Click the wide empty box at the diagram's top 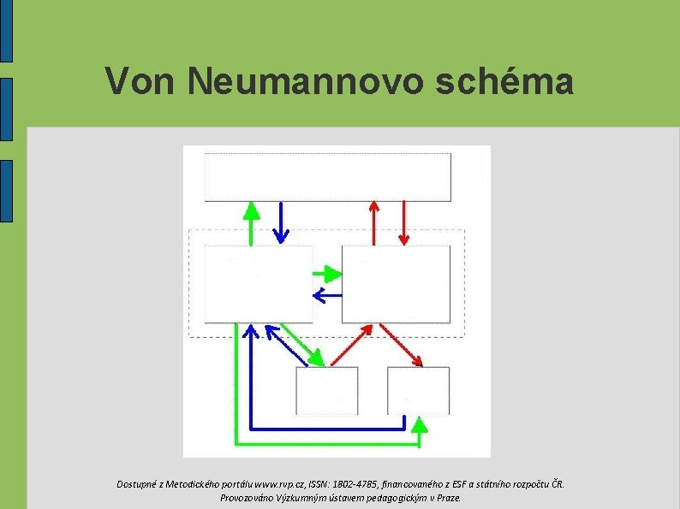tap(328, 177)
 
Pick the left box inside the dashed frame tap(259, 283)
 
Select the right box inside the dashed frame tap(396, 283)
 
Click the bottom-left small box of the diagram tap(326, 390)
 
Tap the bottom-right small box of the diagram tap(418, 390)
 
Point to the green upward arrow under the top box tap(251, 222)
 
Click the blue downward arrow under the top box tap(280, 222)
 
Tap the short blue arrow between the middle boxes tap(327, 296)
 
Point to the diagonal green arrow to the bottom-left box tap(303, 344)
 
